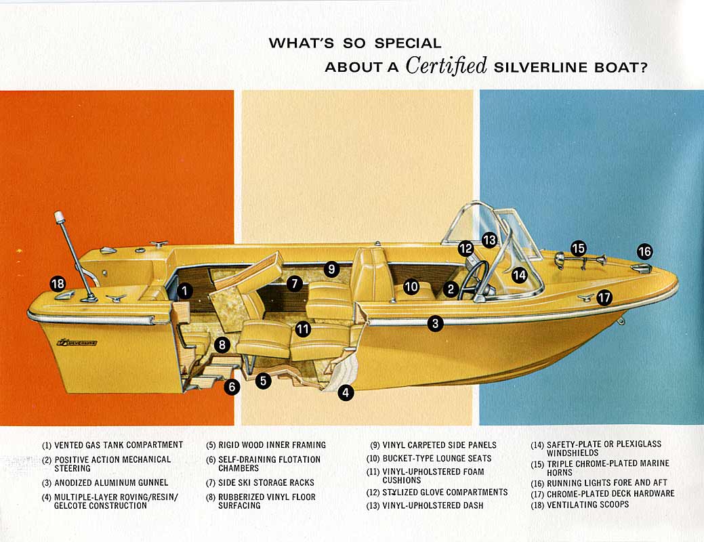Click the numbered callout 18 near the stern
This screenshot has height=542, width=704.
coord(58,284)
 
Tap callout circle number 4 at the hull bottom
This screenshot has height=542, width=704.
coord(346,392)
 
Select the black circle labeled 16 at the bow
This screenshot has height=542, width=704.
coord(644,251)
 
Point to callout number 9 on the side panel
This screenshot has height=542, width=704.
coord(331,269)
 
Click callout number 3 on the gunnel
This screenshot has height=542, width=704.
coord(435,322)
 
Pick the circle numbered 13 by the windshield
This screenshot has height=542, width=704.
coord(489,240)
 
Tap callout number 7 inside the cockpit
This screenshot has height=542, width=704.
coord(295,283)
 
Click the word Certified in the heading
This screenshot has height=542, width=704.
coord(447,66)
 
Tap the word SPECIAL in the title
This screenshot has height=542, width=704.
coord(408,43)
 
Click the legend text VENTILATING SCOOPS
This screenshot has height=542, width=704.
coord(587,505)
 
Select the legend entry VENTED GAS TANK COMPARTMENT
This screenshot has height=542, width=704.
coord(119,445)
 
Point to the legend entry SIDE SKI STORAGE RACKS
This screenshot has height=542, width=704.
coord(266,483)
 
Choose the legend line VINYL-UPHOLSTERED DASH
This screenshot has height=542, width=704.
coord(433,505)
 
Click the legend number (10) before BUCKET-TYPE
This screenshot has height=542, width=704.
coord(373,459)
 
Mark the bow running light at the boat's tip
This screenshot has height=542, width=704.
coord(641,268)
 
